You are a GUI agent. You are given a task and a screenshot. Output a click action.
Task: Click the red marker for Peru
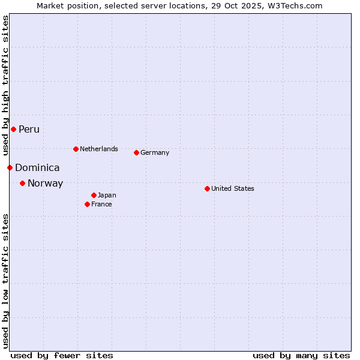[13, 129]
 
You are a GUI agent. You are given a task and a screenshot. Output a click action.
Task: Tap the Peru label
[29, 130]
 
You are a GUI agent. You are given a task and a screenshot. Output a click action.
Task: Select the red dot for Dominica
[10, 167]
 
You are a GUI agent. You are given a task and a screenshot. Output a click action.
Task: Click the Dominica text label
[37, 168]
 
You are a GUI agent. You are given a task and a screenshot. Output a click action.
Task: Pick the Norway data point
[22, 183]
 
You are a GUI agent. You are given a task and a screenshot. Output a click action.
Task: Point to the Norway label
[45, 184]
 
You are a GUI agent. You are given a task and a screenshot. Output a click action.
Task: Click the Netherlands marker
[76, 149]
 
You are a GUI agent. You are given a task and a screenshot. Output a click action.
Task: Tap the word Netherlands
[99, 149]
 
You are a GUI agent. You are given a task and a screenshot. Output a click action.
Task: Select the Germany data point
[136, 152]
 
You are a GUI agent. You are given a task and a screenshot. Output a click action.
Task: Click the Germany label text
[155, 152]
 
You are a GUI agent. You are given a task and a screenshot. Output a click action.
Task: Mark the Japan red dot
[94, 195]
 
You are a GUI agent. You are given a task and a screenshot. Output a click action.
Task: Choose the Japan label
[107, 195]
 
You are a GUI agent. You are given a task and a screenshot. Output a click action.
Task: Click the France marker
[87, 204]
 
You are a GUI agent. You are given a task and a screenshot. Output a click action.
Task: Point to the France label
[101, 204]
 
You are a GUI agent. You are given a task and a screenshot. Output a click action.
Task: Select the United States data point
[207, 188]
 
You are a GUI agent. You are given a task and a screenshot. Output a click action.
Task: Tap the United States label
[233, 188]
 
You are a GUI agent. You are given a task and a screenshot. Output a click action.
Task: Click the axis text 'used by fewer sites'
[62, 355]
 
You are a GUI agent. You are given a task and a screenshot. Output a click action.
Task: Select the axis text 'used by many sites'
[301, 355]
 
